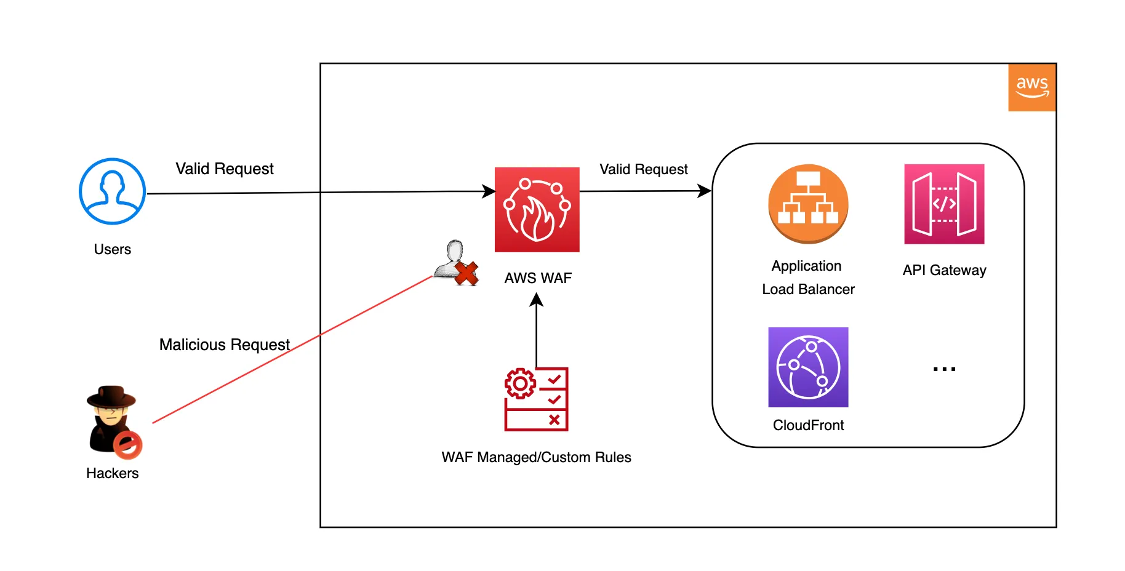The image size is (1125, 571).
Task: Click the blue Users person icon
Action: [112, 191]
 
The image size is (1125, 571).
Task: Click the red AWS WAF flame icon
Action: [537, 209]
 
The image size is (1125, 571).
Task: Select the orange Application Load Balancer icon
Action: [808, 204]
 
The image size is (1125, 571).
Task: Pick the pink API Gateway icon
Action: [944, 204]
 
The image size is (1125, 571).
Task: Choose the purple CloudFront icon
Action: [808, 367]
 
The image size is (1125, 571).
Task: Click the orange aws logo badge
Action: [1032, 87]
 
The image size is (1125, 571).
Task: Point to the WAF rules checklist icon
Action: [536, 399]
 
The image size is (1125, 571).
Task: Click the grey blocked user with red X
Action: [456, 263]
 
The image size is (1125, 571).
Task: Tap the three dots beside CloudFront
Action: [944, 369]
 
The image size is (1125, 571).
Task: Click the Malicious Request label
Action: [225, 345]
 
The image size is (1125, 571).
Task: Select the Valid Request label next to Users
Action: [225, 169]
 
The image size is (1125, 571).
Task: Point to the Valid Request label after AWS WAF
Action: [644, 169]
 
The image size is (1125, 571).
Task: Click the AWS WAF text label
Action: [538, 278]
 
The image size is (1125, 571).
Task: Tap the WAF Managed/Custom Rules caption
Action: [536, 457]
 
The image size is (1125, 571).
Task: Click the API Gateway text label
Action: [944, 270]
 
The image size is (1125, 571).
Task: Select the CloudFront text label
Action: [808, 425]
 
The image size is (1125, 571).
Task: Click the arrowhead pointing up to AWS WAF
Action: [537, 299]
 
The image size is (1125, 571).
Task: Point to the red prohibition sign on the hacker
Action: [128, 445]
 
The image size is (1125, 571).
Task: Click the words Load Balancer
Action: [808, 289]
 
